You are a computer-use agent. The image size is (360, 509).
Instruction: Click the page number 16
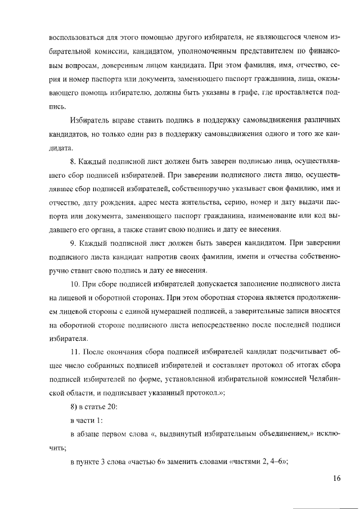tap(336, 478)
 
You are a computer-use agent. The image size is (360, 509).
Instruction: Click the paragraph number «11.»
tap(76, 352)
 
